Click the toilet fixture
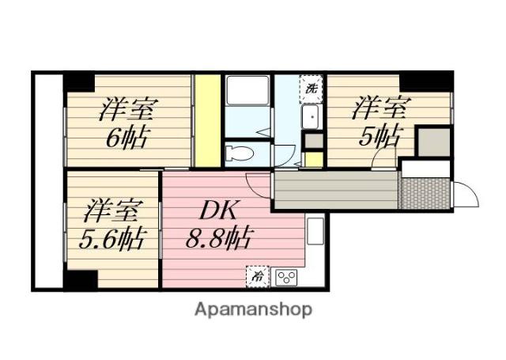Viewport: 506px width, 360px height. [x=240, y=153]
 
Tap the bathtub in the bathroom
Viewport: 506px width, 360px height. [x=247, y=90]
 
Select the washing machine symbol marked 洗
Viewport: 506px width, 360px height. [x=311, y=89]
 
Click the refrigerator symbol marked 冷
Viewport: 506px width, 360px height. [x=258, y=276]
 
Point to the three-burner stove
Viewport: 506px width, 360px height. [x=286, y=278]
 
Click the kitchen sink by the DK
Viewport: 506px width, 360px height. [x=315, y=231]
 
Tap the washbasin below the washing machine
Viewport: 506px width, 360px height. [x=311, y=116]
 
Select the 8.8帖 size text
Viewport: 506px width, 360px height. [x=219, y=238]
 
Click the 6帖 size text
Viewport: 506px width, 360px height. [x=127, y=138]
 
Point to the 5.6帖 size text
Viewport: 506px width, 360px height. [x=112, y=239]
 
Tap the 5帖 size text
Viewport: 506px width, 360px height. [x=381, y=135]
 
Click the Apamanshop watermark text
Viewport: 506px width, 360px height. [x=253, y=309]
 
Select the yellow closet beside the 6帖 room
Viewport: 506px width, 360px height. [x=208, y=121]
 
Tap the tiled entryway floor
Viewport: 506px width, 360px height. [x=425, y=193]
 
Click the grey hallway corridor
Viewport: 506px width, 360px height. [x=335, y=190]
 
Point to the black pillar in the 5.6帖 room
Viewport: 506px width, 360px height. [x=81, y=279]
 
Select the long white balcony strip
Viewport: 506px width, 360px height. [x=48, y=181]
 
